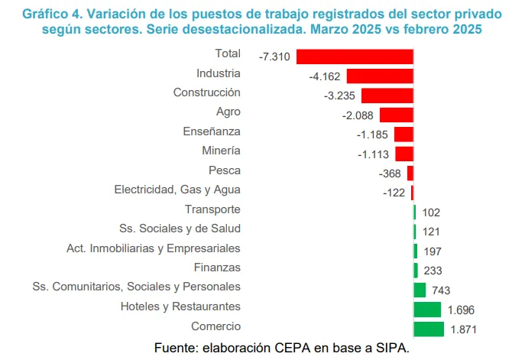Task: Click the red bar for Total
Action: tap(355, 57)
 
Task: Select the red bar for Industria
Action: tap(380, 76)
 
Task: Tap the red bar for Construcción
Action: tap(387, 96)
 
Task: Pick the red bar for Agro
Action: tap(397, 115)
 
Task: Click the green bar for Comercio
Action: tap(429, 329)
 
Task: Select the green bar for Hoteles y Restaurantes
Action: tap(427, 310)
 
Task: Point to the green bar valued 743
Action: tap(420, 290)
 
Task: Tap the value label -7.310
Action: tap(274, 57)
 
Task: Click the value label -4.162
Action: tap(325, 76)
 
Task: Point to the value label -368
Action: tap(391, 174)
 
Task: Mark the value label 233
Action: tap(433, 271)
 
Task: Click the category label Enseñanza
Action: tap(212, 131)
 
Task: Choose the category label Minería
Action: tap(221, 151)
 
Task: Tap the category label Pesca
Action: tap(225, 170)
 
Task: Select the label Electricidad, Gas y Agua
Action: tap(177, 190)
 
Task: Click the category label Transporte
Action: tap(212, 209)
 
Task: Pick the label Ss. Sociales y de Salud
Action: tap(180, 229)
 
